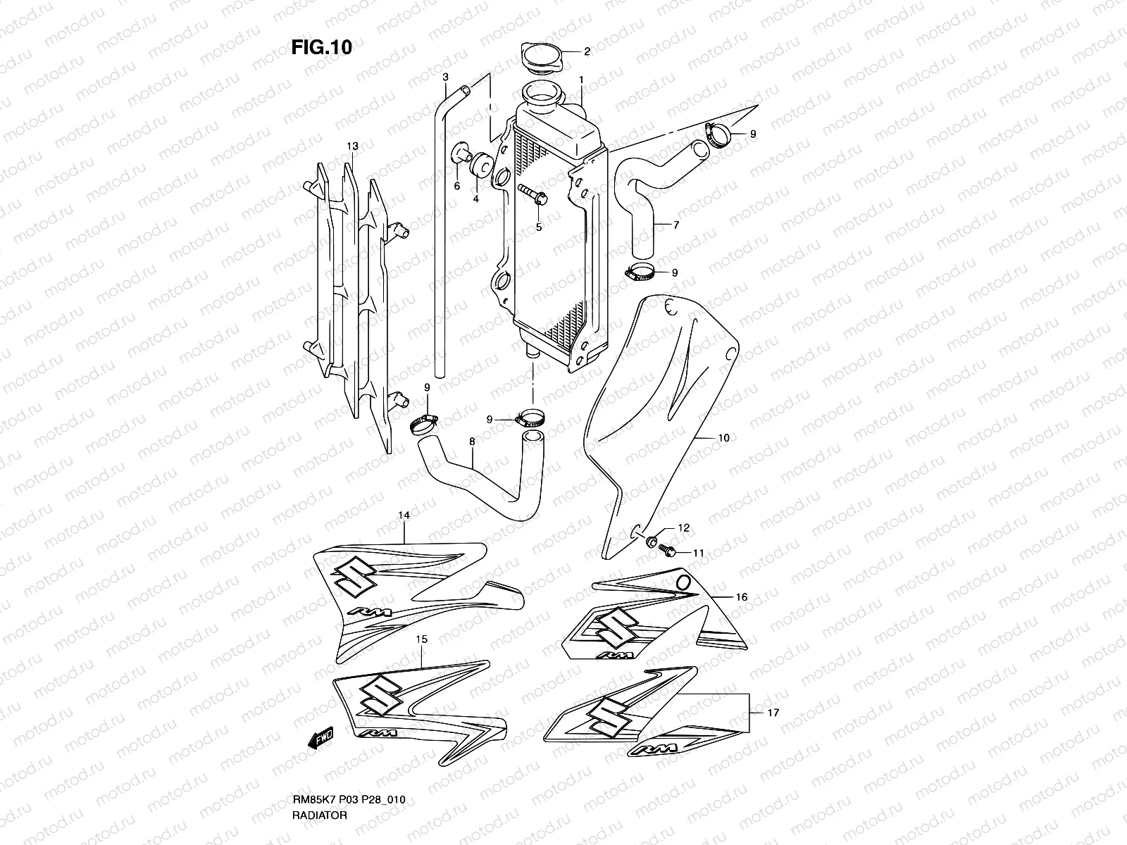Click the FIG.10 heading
pyautogui.click(x=321, y=47)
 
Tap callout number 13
pyautogui.click(x=352, y=146)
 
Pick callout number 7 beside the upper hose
pyautogui.click(x=675, y=225)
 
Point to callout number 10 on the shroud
pyautogui.click(x=723, y=438)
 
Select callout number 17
pyautogui.click(x=773, y=713)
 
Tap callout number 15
pyautogui.click(x=421, y=639)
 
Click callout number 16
pyautogui.click(x=741, y=597)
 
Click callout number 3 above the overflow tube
pyautogui.click(x=445, y=76)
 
